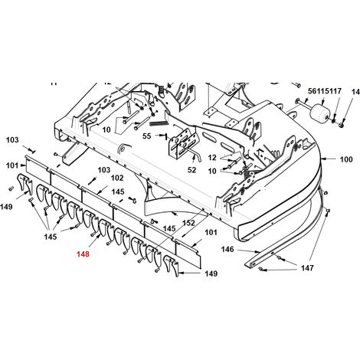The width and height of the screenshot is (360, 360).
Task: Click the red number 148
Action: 83,254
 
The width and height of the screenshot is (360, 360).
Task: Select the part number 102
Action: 117,178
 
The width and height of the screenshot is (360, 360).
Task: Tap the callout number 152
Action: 188,223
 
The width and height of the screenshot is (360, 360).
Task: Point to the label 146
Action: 227,249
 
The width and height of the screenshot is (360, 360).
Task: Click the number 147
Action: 307,268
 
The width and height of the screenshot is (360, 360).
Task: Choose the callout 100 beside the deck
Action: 346,159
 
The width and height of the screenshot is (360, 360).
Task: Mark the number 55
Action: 146,136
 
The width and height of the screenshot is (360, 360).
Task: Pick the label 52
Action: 191,170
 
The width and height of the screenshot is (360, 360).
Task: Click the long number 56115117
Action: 325,91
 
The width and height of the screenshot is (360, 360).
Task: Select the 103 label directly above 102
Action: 104,170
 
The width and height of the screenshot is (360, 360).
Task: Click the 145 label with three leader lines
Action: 51,237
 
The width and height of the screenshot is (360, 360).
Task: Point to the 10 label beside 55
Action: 106,129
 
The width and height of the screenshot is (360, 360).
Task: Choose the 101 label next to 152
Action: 211,232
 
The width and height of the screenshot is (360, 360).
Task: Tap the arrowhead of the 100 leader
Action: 322,159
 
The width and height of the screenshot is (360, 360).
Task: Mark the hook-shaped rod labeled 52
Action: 195,154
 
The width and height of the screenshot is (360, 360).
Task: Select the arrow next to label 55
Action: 162,136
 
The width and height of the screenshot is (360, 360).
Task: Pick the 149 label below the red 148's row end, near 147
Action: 211,273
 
